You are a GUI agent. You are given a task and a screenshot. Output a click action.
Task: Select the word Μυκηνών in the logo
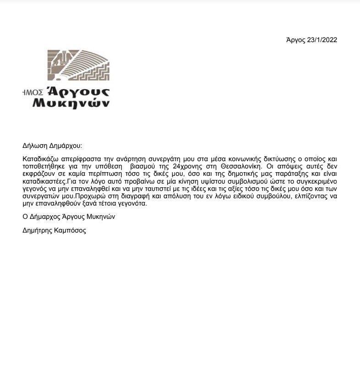pos(71,103)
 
